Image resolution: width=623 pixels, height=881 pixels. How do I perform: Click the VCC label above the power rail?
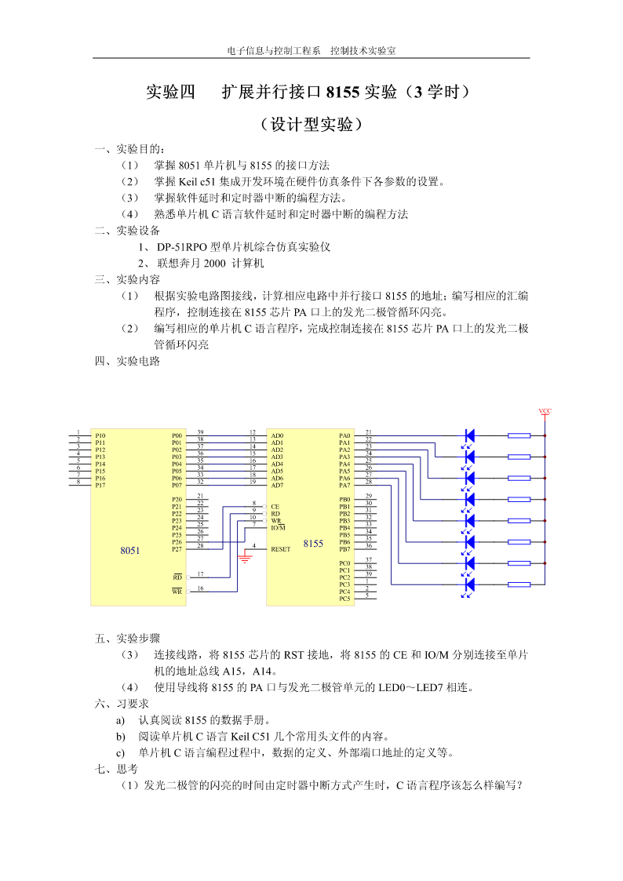545,411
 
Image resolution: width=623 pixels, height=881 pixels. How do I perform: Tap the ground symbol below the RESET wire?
245,558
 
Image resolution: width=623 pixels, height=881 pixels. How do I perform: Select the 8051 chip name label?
129,551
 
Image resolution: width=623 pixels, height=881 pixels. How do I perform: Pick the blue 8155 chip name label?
313,544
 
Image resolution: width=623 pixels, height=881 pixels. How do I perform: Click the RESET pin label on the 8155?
280,549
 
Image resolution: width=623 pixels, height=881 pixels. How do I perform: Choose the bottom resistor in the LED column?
519,584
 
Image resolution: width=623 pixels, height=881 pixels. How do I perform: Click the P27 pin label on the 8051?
177,549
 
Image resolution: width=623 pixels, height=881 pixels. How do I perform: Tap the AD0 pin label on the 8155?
277,435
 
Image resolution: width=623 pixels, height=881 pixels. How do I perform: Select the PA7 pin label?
344,485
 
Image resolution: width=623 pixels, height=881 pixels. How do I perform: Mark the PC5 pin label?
344,599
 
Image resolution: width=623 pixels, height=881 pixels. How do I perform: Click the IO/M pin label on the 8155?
278,528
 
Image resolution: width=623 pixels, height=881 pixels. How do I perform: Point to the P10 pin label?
100,435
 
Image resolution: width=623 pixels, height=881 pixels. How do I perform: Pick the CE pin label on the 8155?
275,506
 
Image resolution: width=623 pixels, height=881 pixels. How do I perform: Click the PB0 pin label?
344,500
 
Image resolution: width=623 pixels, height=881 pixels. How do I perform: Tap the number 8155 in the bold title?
342,92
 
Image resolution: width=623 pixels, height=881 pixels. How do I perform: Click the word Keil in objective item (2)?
188,181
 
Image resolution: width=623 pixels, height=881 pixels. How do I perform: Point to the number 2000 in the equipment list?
214,263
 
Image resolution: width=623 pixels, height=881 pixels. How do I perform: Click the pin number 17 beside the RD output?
201,574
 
